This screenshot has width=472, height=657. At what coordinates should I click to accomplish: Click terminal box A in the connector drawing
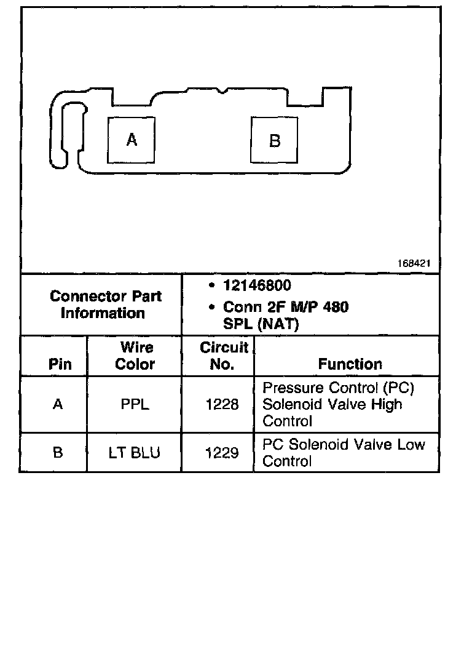(x=132, y=140)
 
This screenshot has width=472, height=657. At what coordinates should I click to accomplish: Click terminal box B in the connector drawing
(x=274, y=141)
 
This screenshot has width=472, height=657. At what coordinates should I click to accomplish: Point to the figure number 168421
(x=414, y=263)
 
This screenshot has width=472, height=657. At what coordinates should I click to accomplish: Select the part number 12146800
(x=257, y=286)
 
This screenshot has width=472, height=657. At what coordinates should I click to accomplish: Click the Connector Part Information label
(x=105, y=305)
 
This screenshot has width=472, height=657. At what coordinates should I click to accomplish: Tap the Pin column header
(x=60, y=364)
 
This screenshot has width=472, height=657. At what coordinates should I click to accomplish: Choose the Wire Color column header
(x=136, y=356)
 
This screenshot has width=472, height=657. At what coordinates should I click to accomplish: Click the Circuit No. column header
(x=224, y=356)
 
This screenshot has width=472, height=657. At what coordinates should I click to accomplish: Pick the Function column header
(x=350, y=364)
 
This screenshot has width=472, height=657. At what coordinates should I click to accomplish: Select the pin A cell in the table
(x=58, y=405)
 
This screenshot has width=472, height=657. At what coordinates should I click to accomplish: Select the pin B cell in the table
(x=58, y=453)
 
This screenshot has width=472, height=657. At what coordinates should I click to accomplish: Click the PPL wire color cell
(x=135, y=405)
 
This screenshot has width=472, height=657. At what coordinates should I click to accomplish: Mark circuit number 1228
(x=222, y=405)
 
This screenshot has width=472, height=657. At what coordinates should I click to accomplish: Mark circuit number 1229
(x=222, y=453)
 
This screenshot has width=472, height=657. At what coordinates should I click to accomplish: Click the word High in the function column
(x=387, y=405)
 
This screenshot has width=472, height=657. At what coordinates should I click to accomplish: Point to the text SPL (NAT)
(x=261, y=324)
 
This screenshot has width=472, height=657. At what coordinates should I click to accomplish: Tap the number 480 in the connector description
(x=335, y=306)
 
